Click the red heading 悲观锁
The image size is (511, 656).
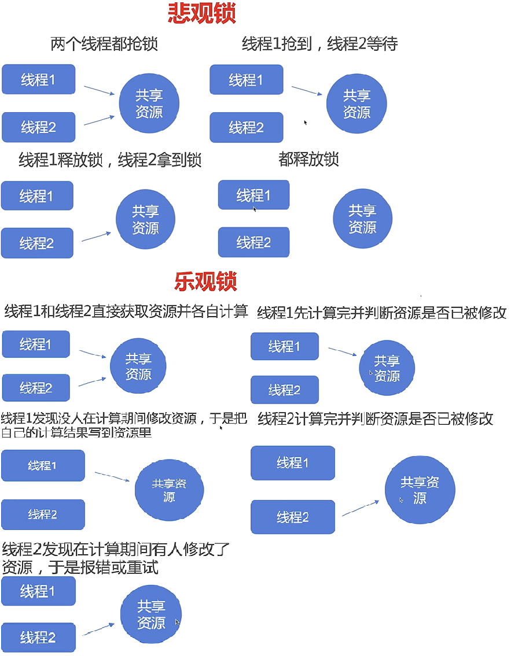[x=202, y=13]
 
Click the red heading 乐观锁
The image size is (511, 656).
[x=205, y=281]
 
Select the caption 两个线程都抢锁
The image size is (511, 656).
[x=104, y=44]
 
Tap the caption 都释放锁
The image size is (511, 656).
[x=308, y=160]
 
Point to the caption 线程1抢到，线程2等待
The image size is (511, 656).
[x=319, y=44]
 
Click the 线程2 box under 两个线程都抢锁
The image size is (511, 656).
[x=38, y=127]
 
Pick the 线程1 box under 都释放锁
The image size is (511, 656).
[x=253, y=195]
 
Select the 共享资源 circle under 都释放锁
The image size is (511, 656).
[x=362, y=219]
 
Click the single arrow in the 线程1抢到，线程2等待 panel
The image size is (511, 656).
[x=307, y=91]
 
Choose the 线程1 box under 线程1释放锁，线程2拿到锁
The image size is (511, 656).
[x=37, y=196]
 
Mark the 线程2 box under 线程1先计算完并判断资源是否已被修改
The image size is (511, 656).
[x=284, y=390]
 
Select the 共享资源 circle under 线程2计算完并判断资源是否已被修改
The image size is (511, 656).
[x=420, y=491]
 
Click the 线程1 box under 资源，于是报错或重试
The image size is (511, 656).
[x=38, y=591]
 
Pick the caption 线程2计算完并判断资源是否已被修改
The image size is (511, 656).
[x=375, y=419]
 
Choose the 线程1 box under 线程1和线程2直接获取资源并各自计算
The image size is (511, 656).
[x=36, y=344]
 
